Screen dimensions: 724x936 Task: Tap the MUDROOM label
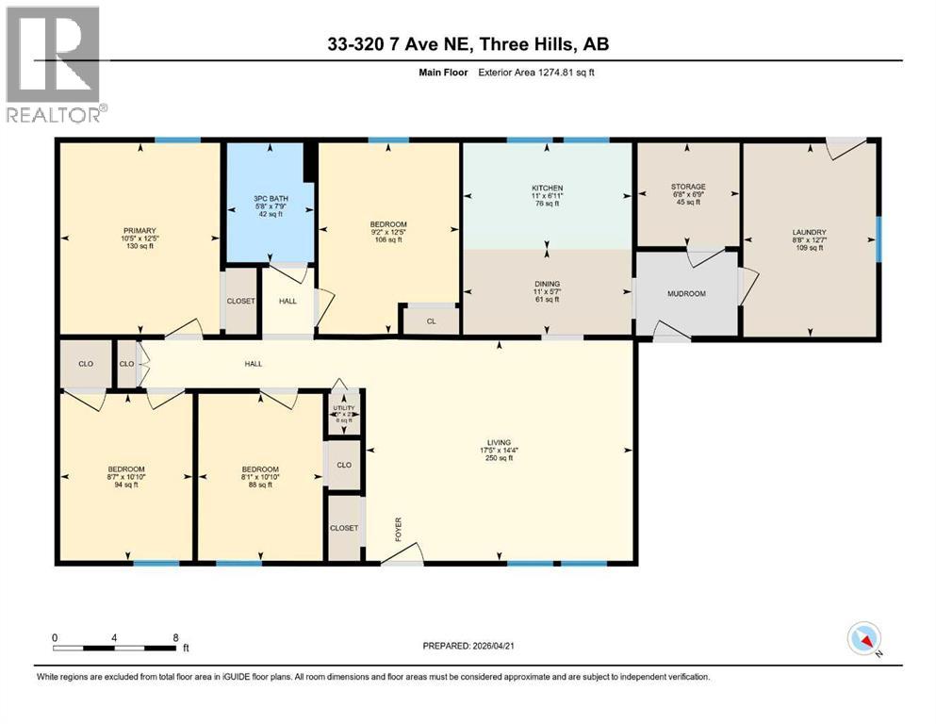686,293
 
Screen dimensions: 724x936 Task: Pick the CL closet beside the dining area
430,321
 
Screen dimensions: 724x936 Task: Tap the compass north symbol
864,639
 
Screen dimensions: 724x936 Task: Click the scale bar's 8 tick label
175,637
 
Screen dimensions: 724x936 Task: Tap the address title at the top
468,45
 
